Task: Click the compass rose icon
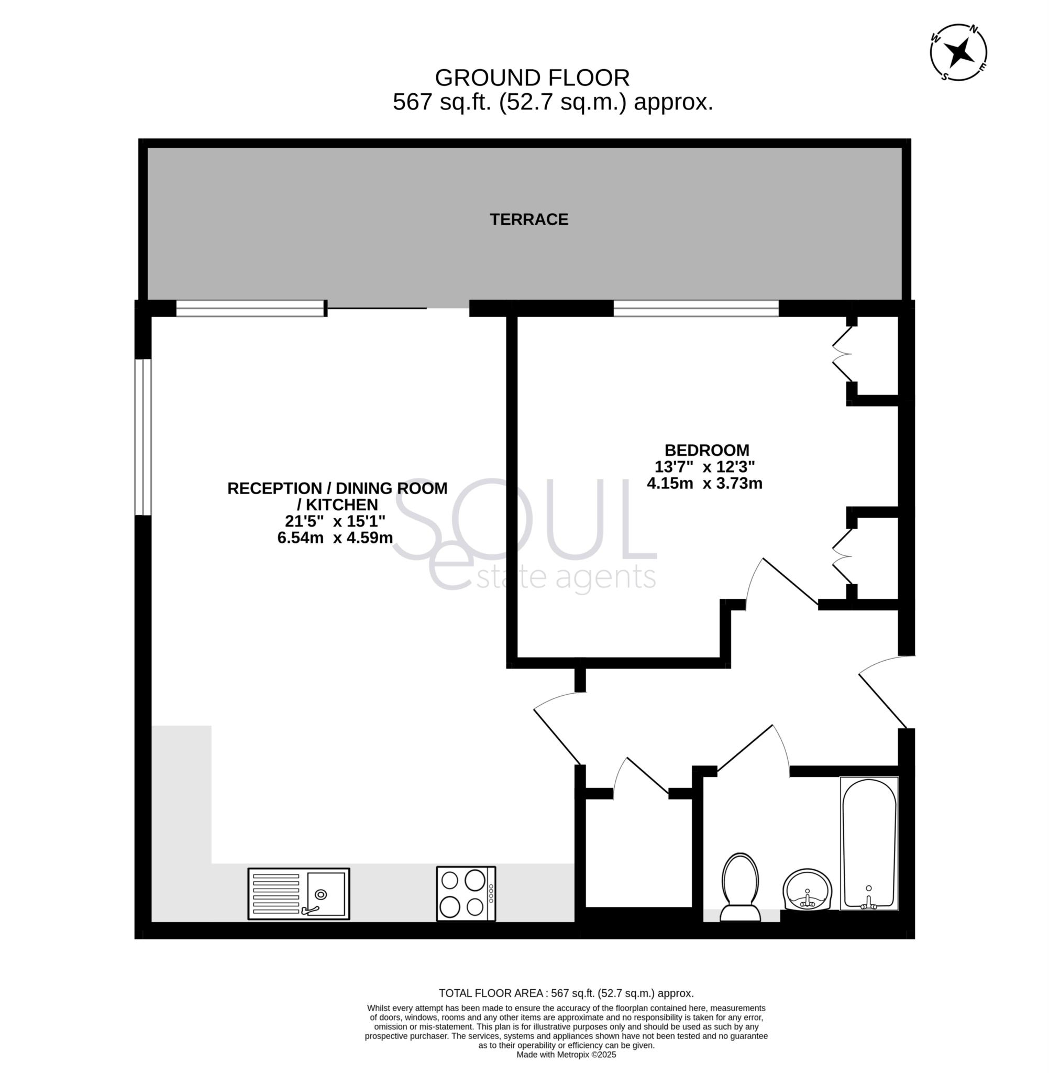pos(958,52)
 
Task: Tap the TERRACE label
pos(529,220)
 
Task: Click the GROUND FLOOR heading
pos(532,78)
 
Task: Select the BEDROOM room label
pos(707,450)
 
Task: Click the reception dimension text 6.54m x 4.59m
pos(335,538)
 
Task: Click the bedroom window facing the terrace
pos(696,308)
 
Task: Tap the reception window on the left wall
pos(143,437)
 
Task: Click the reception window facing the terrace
pos(250,308)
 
